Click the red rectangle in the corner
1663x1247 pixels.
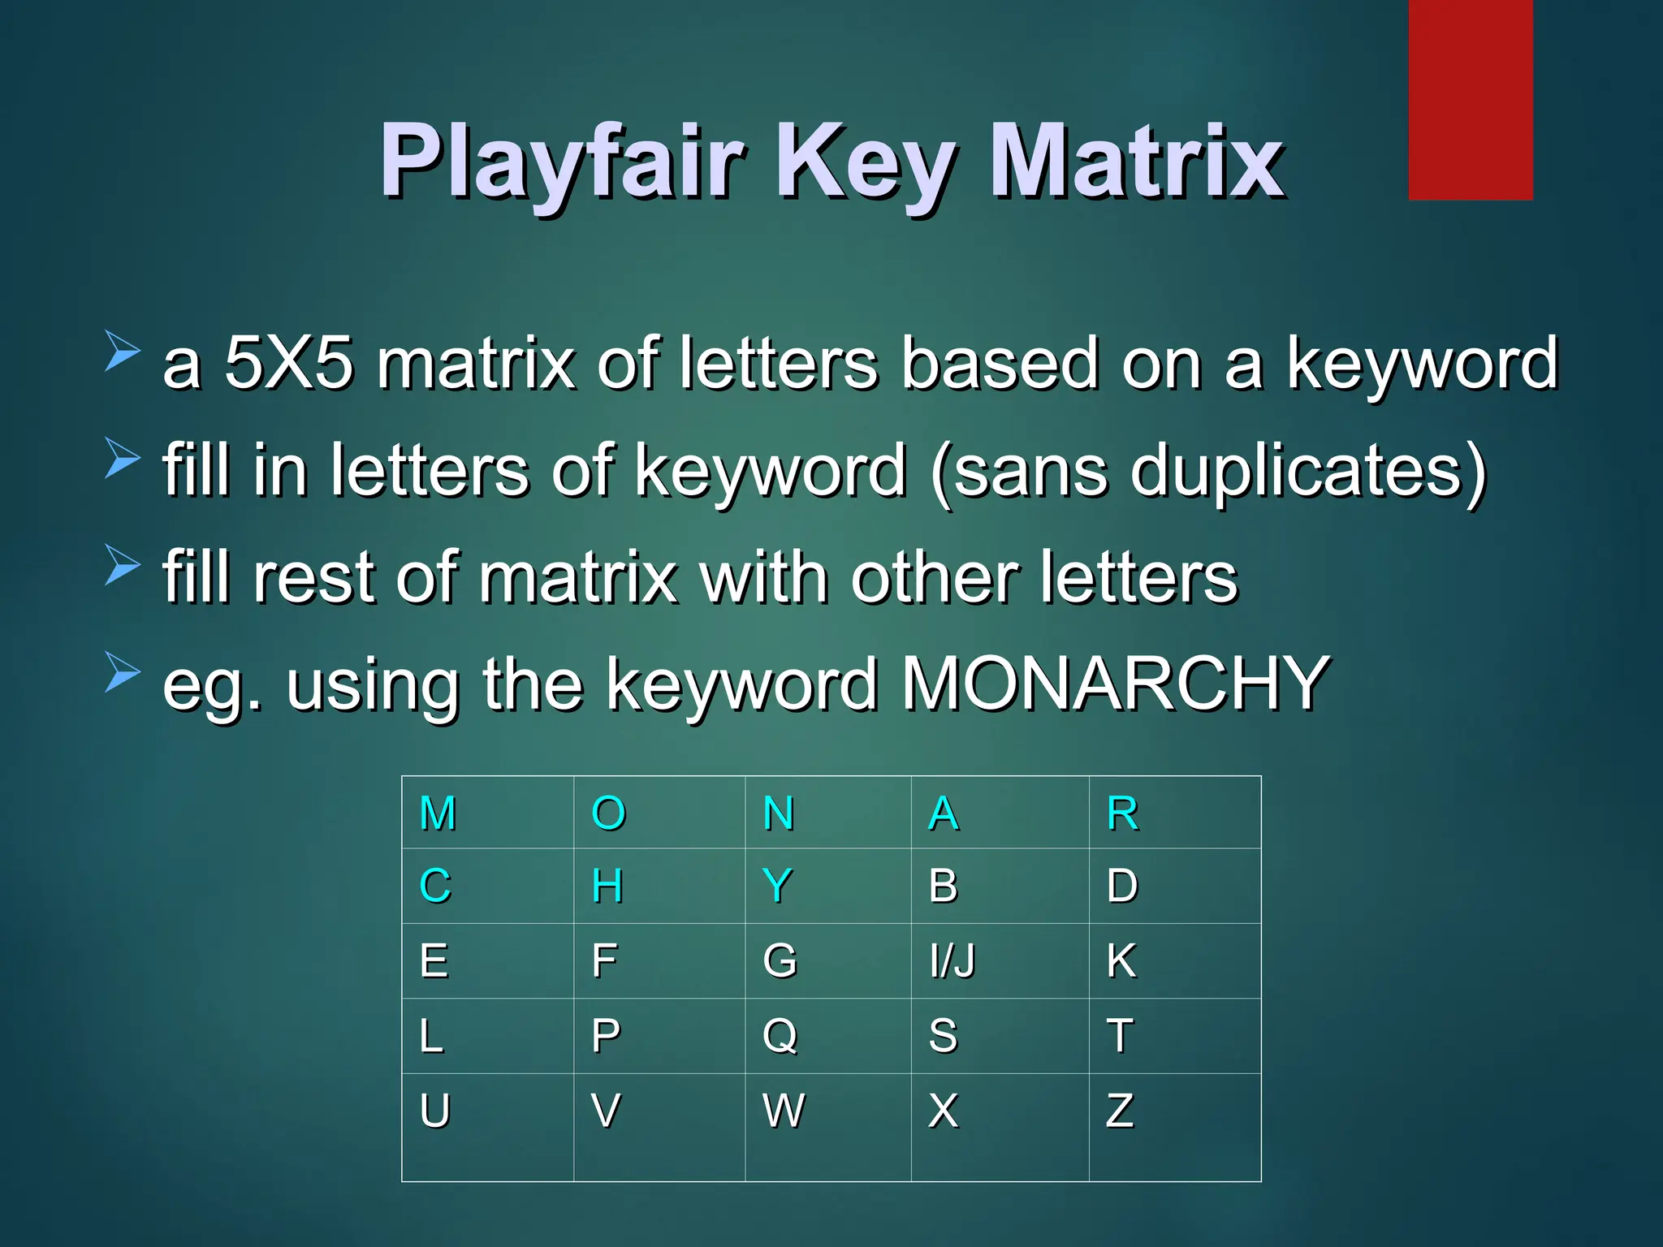pos(1470,99)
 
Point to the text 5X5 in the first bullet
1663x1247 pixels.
pos(288,363)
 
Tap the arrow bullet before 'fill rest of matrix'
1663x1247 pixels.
pos(123,563)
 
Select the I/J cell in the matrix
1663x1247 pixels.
pos(952,961)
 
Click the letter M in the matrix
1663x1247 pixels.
pos(438,813)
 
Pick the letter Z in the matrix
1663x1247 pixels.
pos(1119,1111)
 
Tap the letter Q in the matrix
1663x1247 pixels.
pos(780,1036)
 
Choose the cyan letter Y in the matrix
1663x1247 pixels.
pos(777,886)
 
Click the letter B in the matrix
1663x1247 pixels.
pos(943,886)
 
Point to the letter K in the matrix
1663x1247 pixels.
pos(1121,961)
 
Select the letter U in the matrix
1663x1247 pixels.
pos(435,1111)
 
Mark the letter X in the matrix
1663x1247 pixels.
pos(943,1111)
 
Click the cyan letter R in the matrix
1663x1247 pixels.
pos(1122,813)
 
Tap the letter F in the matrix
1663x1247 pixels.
pos(604,961)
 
